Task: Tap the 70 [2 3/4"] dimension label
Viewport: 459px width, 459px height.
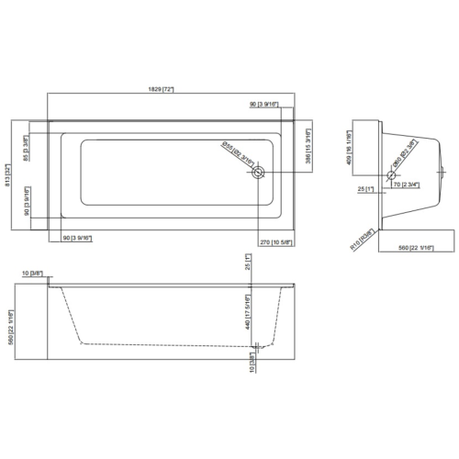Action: pos(407,185)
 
